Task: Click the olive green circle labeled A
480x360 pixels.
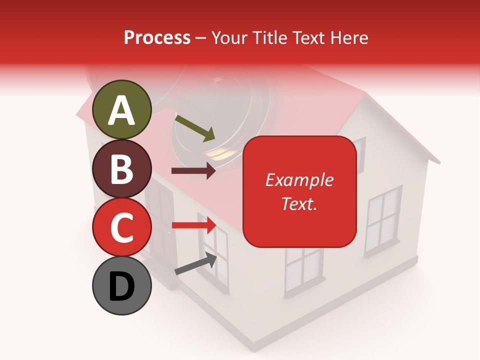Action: [122, 109]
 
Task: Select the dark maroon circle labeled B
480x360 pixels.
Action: [122, 168]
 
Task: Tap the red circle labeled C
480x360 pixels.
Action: [122, 227]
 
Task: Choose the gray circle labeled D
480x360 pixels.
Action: [122, 285]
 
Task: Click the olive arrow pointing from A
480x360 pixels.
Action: [195, 128]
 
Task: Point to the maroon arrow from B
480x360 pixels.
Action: [193, 171]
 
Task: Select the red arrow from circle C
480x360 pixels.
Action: [193, 225]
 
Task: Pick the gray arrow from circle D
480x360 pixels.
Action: [195, 264]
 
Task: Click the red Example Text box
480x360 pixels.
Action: [299, 191]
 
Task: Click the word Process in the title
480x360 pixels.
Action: [157, 37]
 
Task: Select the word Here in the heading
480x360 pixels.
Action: [349, 37]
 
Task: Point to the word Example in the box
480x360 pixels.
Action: [299, 180]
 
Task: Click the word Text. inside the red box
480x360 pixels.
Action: [299, 203]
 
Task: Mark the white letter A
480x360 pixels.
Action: [122, 110]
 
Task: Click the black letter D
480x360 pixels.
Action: [122, 286]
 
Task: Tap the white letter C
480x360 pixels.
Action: [122, 227]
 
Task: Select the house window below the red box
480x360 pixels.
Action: [303, 270]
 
